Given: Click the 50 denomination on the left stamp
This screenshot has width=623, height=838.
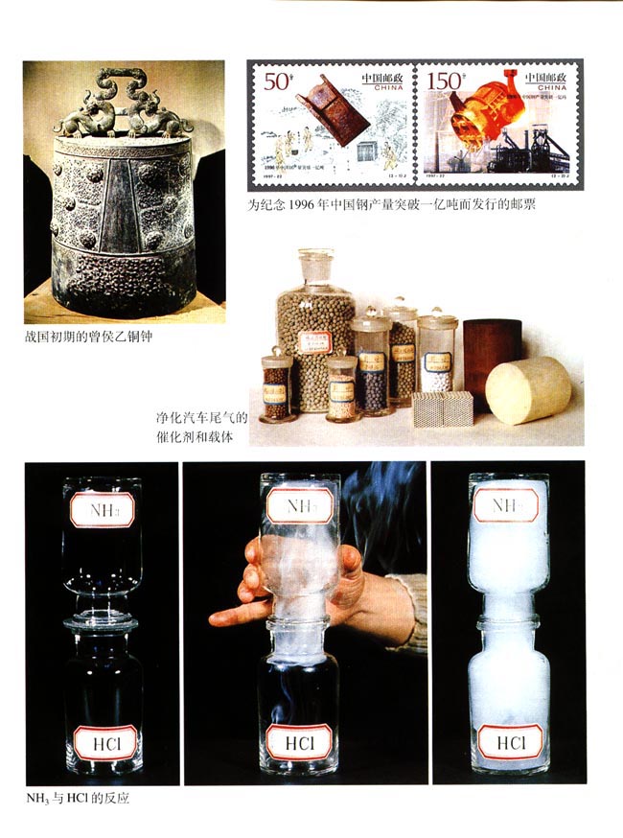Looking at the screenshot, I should click(278, 81).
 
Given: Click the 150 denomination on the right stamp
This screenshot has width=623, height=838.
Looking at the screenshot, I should click(444, 81).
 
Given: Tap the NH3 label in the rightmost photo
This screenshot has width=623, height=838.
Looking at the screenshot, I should click(508, 504).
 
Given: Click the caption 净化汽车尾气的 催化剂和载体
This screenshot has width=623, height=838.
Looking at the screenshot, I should click(201, 428).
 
